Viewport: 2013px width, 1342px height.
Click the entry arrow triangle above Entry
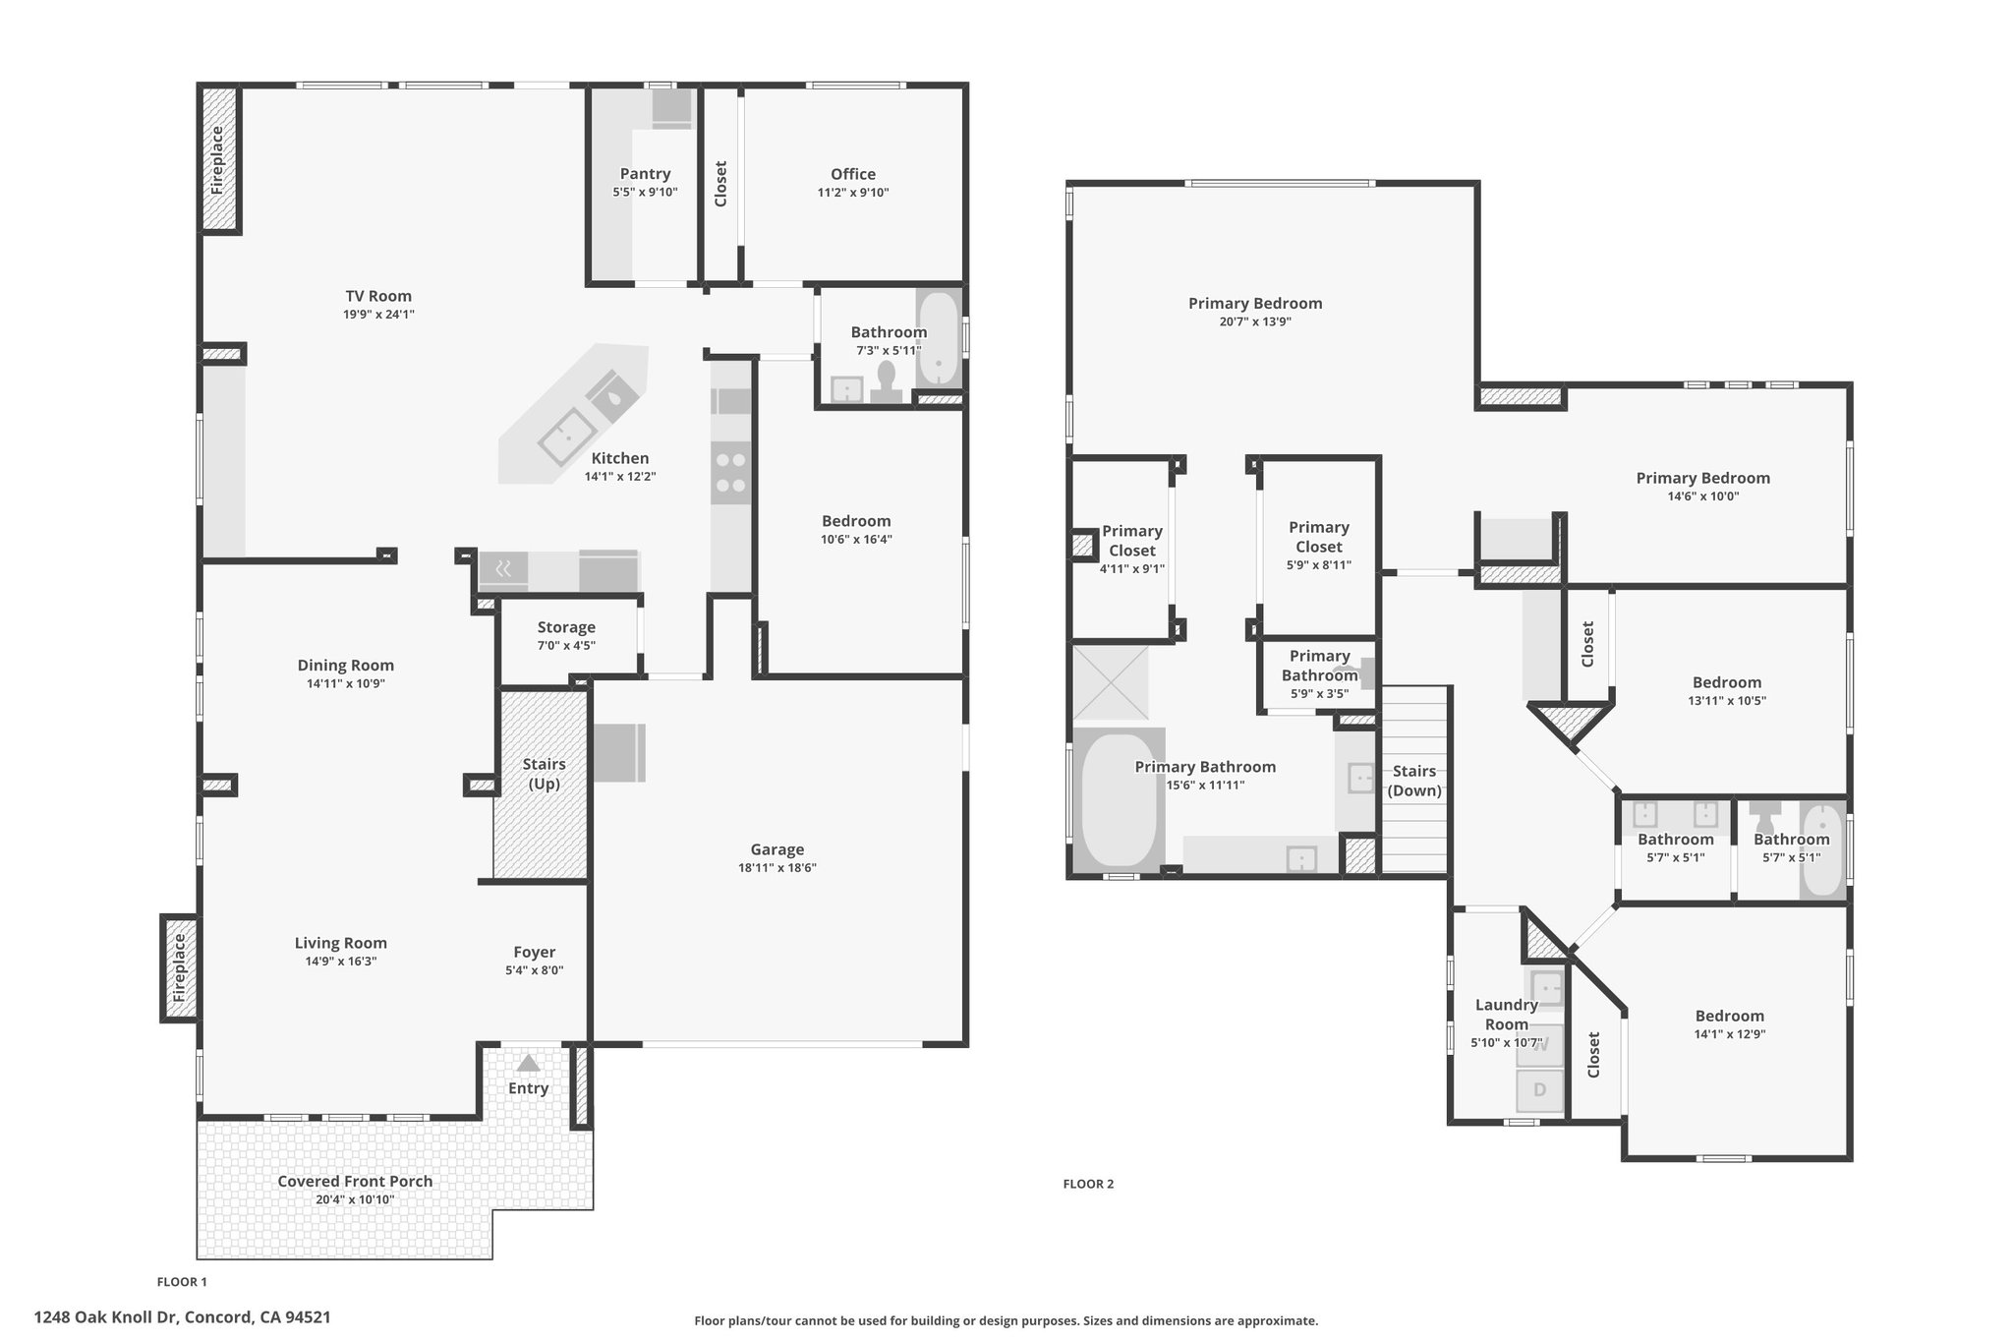(529, 1063)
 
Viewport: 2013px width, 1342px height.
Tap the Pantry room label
(645, 174)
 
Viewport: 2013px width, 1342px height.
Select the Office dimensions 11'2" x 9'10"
(853, 193)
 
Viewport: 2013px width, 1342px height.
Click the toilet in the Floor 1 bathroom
(887, 381)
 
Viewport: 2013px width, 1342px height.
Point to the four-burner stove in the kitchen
(730, 472)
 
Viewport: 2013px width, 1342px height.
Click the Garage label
(777, 849)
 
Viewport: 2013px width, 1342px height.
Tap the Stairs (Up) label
(544, 774)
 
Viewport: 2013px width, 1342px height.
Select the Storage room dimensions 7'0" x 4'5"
(566, 646)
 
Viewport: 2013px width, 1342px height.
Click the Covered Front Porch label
(355, 1182)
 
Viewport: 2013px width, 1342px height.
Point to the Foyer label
(535, 952)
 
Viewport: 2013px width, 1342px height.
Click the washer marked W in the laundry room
(1540, 1045)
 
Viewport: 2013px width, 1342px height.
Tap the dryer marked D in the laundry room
(1540, 1089)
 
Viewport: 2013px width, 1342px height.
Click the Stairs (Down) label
(1414, 781)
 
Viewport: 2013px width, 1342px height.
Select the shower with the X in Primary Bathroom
(1111, 682)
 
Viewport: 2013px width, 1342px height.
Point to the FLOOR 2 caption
(1088, 1184)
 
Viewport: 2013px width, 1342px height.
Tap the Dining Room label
(346, 666)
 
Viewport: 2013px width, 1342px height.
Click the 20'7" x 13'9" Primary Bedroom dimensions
(1255, 321)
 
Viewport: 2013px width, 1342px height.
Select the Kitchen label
(620, 458)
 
